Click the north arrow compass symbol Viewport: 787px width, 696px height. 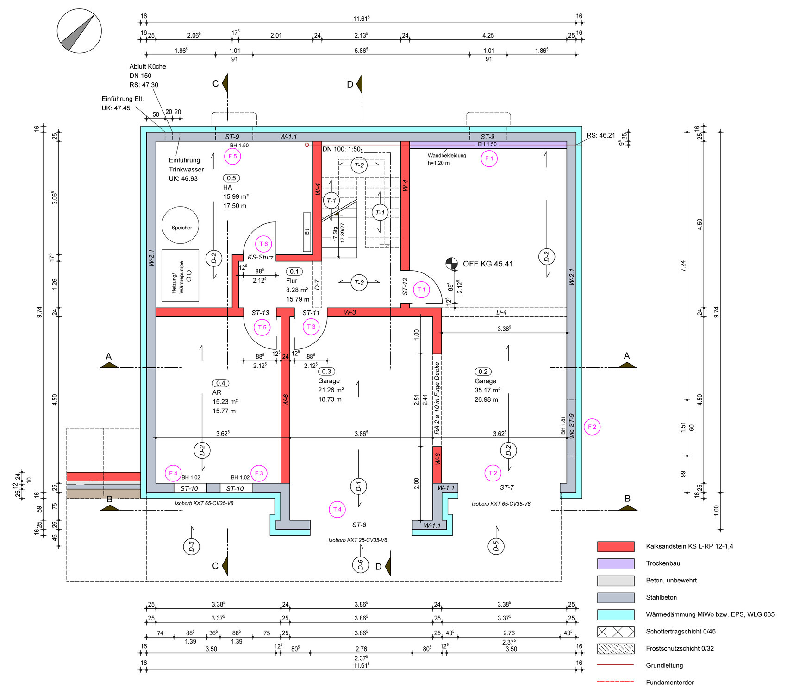click(x=79, y=32)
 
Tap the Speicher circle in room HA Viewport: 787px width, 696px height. click(x=181, y=225)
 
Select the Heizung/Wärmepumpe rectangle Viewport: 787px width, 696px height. click(x=181, y=276)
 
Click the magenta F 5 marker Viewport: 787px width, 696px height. click(x=232, y=157)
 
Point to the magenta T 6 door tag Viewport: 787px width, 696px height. click(x=263, y=244)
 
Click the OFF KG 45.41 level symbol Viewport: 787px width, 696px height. click(x=451, y=264)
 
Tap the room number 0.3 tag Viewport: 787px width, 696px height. click(x=326, y=372)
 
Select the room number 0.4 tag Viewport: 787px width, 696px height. click(x=221, y=383)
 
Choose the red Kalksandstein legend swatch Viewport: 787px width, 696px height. click(x=616, y=547)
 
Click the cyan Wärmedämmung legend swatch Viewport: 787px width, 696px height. click(x=616, y=615)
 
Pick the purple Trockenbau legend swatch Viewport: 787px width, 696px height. click(x=616, y=563)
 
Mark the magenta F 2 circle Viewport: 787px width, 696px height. click(x=592, y=427)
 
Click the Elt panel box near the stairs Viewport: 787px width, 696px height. click(x=307, y=232)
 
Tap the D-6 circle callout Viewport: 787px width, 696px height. click(x=361, y=564)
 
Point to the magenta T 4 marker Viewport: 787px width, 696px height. click(x=337, y=509)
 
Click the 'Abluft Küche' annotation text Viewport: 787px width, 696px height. click(x=148, y=66)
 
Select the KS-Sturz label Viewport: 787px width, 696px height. click(x=260, y=257)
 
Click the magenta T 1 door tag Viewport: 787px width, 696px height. click(x=421, y=290)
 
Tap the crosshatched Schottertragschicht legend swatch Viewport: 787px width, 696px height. click(x=616, y=632)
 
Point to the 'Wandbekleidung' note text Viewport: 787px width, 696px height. click(x=447, y=156)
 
